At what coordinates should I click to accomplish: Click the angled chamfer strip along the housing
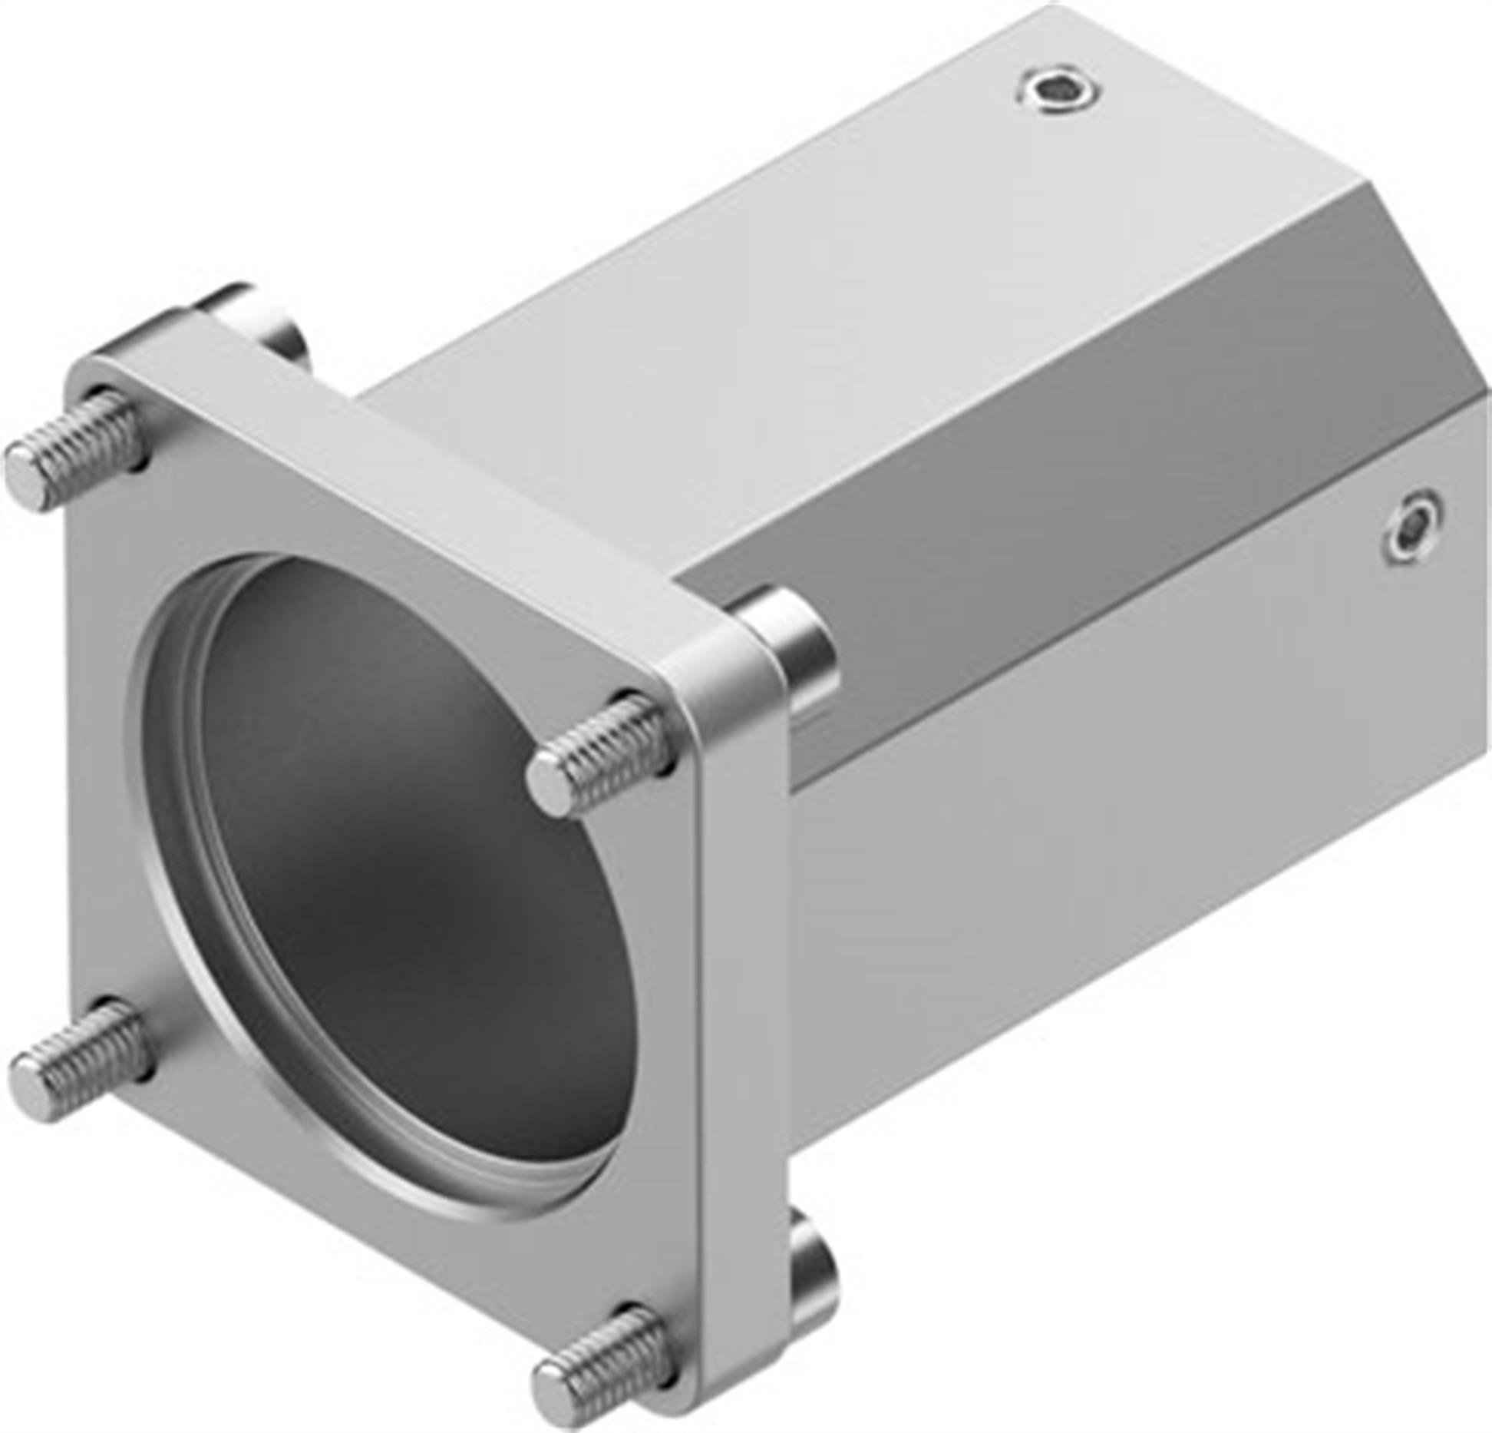click(x=1074, y=430)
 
